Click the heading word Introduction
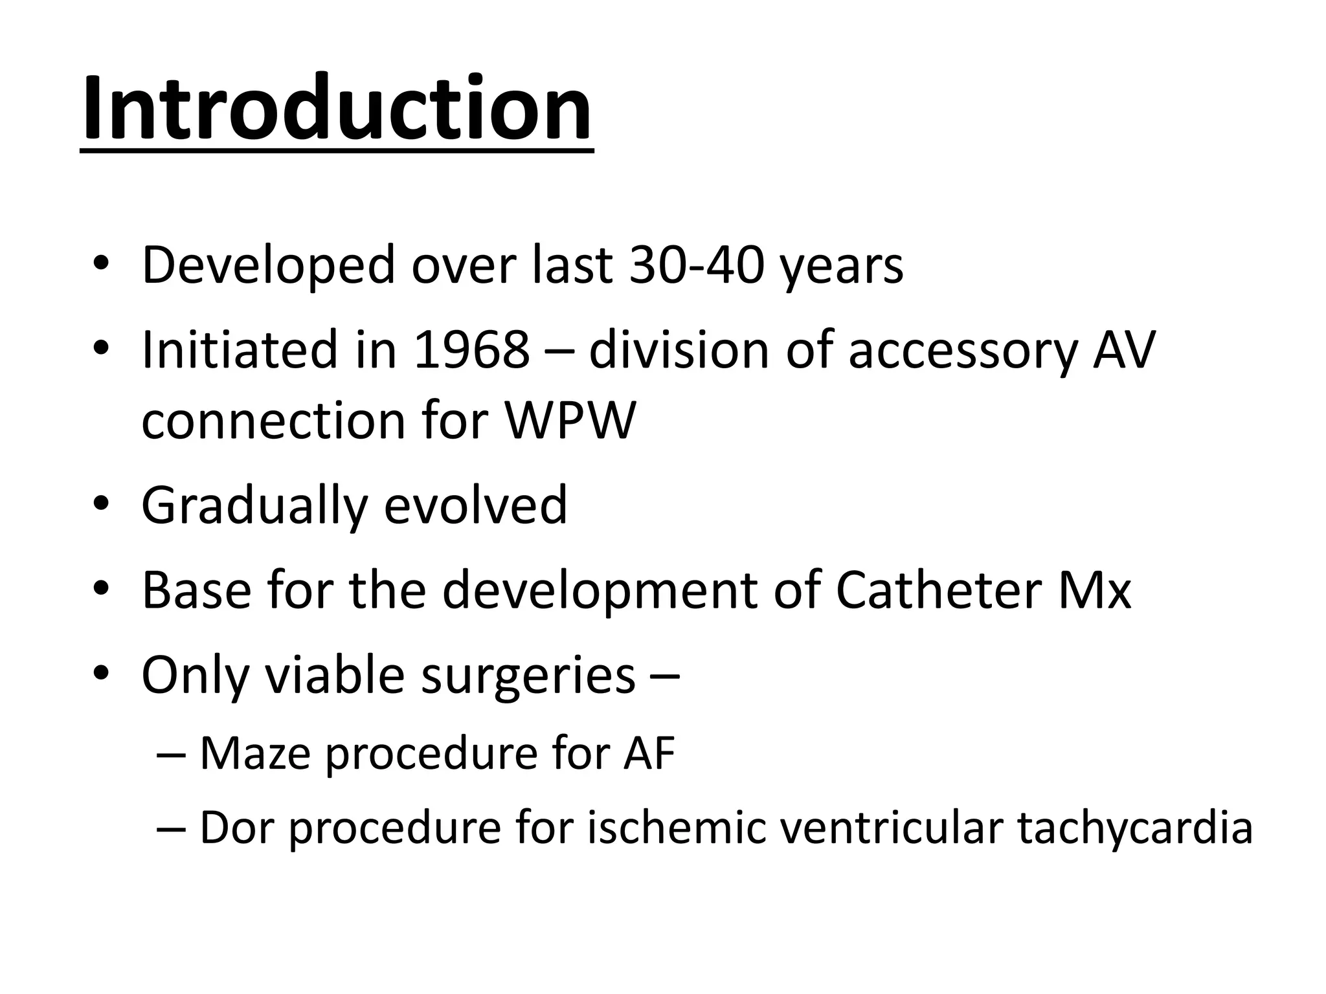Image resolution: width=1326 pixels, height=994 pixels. pos(337,109)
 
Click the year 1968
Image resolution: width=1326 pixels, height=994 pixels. pos(471,350)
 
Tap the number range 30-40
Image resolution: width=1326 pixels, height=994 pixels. pos(697,265)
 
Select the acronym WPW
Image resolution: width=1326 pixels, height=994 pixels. pos(570,421)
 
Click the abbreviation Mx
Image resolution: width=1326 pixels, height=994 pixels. pos(1094,590)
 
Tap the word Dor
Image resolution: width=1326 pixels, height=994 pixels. pos(236,828)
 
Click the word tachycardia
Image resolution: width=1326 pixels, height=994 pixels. pos(1134,829)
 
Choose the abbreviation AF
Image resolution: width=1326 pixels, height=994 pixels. pos(649,753)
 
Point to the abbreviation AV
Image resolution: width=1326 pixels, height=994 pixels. pos(1123,350)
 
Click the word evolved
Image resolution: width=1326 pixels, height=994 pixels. pos(475,505)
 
